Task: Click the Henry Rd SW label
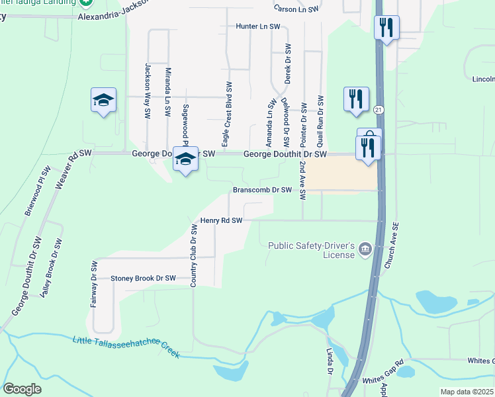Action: coord(222,220)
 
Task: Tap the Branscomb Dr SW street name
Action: coord(262,190)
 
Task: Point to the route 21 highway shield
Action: coord(378,109)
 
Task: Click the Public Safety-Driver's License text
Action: coord(312,250)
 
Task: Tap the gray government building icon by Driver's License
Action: coord(365,249)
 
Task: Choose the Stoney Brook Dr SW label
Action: coord(143,279)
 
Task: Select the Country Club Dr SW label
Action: coord(194,255)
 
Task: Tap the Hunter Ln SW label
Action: coord(258,26)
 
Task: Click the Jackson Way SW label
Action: coord(147,91)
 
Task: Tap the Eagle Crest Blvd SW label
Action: coord(227,115)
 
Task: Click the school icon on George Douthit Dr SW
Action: coord(186,159)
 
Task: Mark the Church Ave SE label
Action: coord(391,245)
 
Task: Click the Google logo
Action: coord(22,389)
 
